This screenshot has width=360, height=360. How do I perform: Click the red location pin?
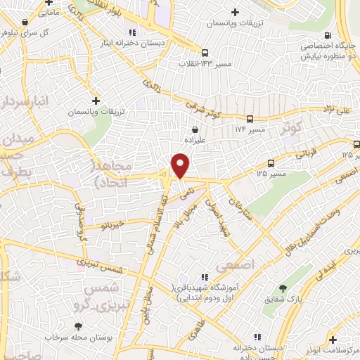pos(181,166)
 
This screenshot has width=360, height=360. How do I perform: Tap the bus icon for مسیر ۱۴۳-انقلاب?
pos(205,53)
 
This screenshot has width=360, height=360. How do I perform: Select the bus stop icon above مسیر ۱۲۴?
pos(250,120)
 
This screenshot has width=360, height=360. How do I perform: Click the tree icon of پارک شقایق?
pos(283,288)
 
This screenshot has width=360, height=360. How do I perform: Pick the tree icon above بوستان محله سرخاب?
pos(78,326)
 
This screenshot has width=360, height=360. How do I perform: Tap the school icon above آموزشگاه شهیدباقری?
pos(204,277)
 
